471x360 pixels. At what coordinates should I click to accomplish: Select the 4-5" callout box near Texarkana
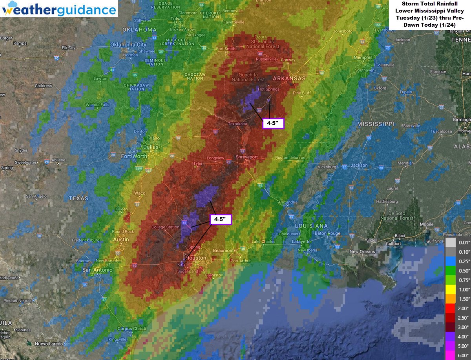(272, 124)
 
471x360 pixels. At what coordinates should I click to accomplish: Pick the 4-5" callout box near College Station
(221, 219)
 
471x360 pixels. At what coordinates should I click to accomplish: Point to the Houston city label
(196, 258)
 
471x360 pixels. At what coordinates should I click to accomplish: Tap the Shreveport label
(246, 157)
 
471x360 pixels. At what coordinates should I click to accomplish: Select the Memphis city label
(363, 58)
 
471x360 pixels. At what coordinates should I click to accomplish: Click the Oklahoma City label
(128, 45)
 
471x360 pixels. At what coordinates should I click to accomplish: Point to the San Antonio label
(97, 270)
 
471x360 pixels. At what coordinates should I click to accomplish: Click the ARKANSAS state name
(289, 78)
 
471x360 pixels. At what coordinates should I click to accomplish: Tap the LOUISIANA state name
(311, 226)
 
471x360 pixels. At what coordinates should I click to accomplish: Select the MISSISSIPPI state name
(376, 124)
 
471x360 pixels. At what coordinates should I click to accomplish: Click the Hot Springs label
(268, 89)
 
